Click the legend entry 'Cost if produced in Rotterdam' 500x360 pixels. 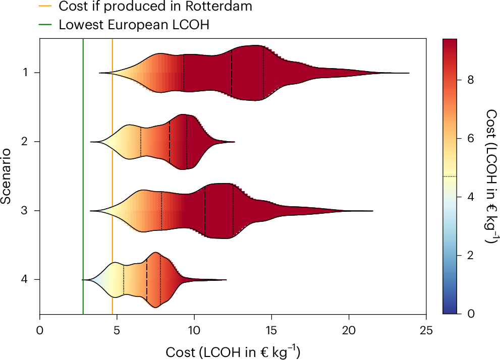pos(155,7)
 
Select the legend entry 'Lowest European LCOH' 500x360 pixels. pos(134,25)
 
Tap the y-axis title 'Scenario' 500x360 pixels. pos(7,176)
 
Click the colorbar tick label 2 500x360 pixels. pos(471,255)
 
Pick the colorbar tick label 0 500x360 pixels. pos(471,314)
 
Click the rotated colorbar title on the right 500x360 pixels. pos(489,176)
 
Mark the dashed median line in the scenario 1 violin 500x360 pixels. pos(232,73)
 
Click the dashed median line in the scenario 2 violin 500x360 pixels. pos(170,142)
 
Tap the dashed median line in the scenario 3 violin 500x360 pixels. pos(205,211)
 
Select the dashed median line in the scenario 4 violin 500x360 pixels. pos(147,279)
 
